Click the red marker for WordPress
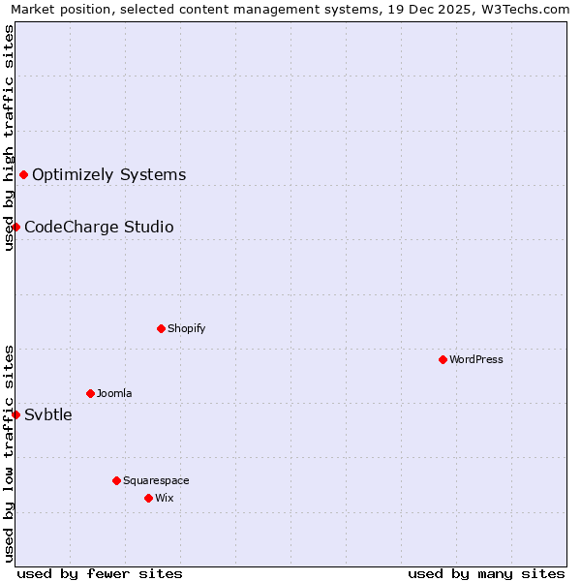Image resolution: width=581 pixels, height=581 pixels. tap(443, 359)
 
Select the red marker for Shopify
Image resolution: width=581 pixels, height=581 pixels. tap(161, 328)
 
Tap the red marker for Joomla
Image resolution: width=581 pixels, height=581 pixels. tap(90, 393)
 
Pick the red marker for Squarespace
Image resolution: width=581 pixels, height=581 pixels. tap(116, 480)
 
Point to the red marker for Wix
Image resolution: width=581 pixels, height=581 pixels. tap(148, 498)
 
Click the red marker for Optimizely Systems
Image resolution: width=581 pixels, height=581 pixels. tap(23, 174)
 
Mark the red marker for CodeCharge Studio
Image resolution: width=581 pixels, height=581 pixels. tap(15, 227)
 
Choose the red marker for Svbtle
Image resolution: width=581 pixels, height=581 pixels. tap(15, 414)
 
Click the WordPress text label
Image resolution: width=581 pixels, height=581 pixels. tap(476, 359)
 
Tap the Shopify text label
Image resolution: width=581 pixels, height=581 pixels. tap(187, 328)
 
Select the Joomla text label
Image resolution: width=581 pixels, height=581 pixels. tap(114, 393)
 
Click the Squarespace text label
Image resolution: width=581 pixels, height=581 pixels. tap(156, 480)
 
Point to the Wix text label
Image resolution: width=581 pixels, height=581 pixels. tap(165, 498)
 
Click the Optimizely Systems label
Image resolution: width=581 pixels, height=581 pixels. tap(109, 175)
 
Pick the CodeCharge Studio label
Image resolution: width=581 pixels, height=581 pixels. tap(99, 228)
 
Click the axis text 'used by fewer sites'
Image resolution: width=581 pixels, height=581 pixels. tap(100, 573)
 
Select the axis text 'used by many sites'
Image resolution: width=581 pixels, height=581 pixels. tap(486, 573)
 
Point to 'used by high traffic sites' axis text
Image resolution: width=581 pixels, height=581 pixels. tap(10, 138)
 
